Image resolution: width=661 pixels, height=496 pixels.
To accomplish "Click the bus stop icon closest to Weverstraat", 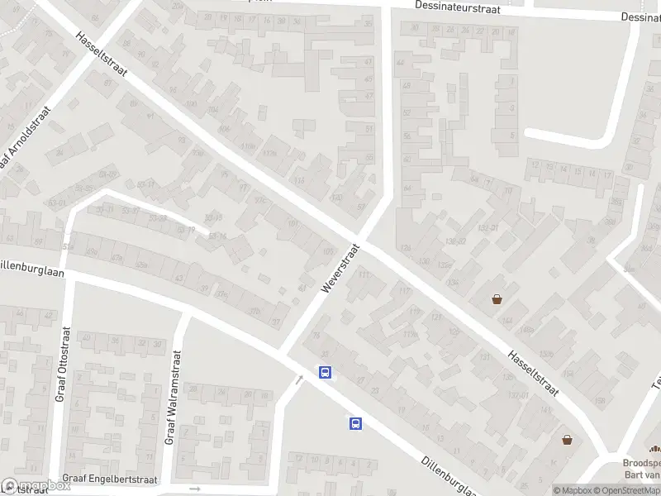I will (x=326, y=372).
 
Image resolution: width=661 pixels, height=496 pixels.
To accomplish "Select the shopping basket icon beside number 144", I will (x=497, y=299).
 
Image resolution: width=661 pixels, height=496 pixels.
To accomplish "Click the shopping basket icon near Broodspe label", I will (x=568, y=440).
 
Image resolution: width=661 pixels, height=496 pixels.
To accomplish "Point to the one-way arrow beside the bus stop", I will (x=299, y=379).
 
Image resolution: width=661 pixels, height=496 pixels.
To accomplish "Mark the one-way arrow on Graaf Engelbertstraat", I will (x=196, y=489).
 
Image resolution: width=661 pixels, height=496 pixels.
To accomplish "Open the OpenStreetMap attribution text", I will (x=625, y=490).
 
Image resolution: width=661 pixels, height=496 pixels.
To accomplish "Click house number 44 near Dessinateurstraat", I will (x=402, y=63).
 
